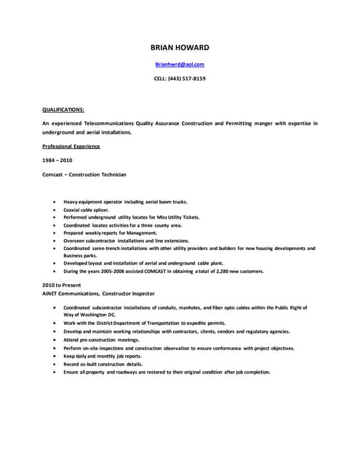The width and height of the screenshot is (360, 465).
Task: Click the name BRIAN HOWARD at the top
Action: point(180,47)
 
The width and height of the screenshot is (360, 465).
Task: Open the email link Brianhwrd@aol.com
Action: point(180,65)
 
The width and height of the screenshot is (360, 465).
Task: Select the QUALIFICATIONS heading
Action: point(63,109)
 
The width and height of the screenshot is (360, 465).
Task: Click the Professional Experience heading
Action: point(71,146)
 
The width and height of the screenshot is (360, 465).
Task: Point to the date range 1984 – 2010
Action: point(57,160)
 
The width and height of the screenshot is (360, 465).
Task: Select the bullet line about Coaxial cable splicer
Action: point(87,209)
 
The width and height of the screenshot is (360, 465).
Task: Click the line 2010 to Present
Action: point(62,285)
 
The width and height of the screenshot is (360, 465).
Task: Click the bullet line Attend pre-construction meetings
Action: point(100,339)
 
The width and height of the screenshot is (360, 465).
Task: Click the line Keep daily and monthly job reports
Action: point(103,356)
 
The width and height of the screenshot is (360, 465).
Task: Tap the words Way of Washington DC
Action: point(89,315)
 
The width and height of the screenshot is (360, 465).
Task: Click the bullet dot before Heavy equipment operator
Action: point(55,201)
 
